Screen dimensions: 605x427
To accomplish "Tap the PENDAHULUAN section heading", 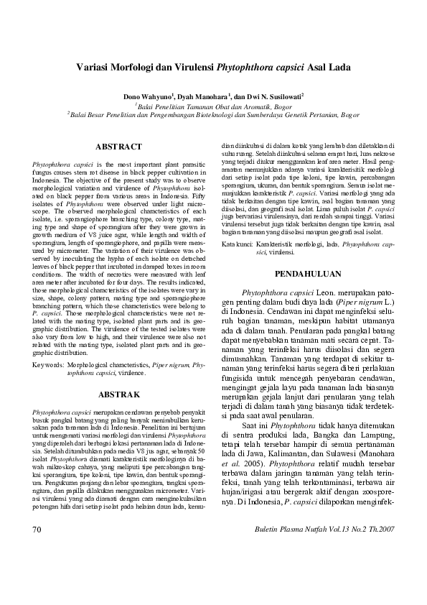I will pos(311,273).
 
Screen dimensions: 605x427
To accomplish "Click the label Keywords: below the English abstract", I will pos(47,366).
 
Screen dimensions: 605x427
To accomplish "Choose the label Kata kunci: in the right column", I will pos(237,245).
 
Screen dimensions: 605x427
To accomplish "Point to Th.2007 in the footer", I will pos(380,529).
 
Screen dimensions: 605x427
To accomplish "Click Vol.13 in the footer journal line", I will pos(333,529).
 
